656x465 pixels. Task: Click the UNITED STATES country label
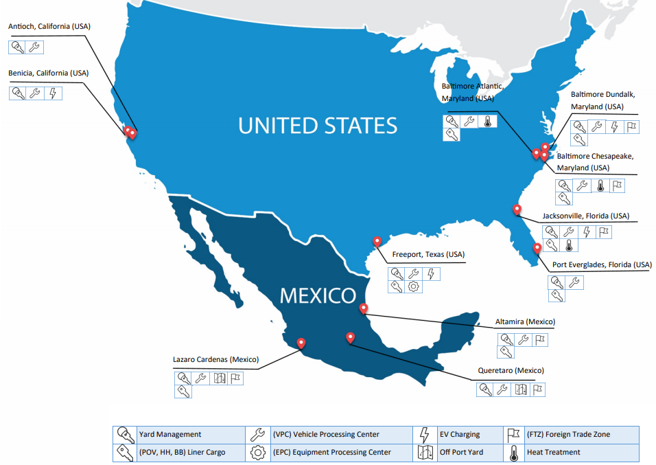[318, 126]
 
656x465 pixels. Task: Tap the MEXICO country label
[318, 296]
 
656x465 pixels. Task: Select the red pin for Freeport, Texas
[377, 241]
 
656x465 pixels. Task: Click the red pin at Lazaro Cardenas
[301, 343]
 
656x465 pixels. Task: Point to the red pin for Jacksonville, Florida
[517, 209]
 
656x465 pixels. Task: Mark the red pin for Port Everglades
[537, 247]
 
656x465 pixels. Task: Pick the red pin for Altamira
[364, 309]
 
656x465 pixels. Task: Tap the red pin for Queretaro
[351, 337]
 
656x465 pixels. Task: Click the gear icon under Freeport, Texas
[414, 287]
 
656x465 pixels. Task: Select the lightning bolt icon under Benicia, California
[54, 93]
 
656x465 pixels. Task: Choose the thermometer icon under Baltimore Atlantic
[487, 122]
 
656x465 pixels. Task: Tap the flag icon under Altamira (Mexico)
[539, 339]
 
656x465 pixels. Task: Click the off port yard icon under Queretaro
[520, 389]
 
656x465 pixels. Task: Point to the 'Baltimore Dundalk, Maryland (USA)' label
[597, 100]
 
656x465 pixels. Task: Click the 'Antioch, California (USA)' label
[49, 26]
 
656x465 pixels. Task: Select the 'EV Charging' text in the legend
[459, 434]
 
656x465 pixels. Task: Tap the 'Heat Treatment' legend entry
[553, 452]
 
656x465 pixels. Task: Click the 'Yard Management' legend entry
[169, 434]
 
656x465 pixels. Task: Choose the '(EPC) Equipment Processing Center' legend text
[332, 452]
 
